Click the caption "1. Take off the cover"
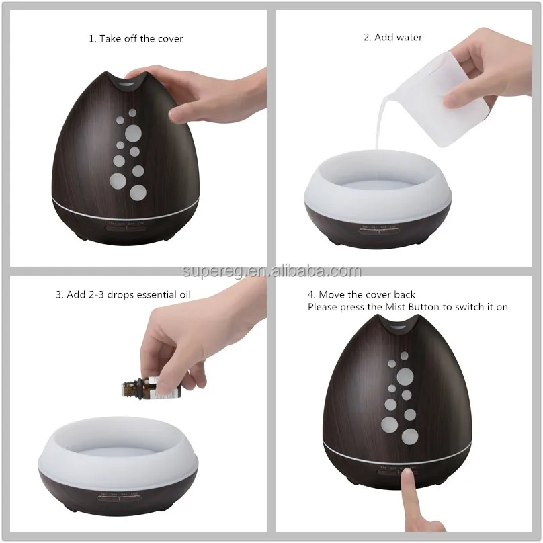(x=136, y=38)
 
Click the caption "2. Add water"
(x=392, y=37)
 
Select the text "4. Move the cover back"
(x=362, y=294)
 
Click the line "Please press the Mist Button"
(x=407, y=307)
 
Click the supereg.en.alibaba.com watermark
(x=271, y=271)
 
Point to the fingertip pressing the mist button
(x=407, y=479)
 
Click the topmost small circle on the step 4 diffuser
(x=404, y=356)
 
